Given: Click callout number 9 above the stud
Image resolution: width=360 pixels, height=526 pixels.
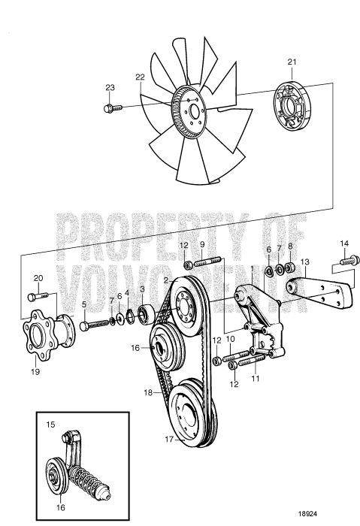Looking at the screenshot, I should (201, 246).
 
